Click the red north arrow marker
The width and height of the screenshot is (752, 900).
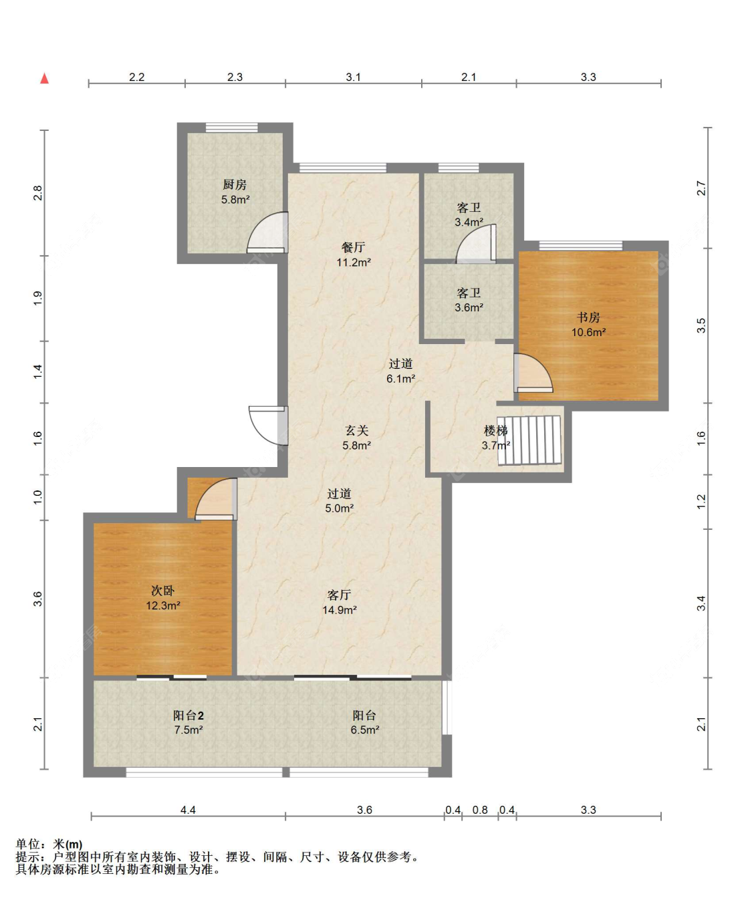[x=44, y=78]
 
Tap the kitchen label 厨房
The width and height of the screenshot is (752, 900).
[x=235, y=184]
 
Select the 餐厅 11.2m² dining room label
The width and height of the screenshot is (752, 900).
[x=354, y=255]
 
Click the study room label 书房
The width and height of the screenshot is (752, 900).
[x=589, y=317]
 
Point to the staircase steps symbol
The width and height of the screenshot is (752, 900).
[x=529, y=440]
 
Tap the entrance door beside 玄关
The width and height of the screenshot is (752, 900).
[x=268, y=425]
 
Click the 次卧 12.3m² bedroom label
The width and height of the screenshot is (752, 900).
[x=162, y=598]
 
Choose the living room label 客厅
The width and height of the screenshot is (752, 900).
[x=339, y=595]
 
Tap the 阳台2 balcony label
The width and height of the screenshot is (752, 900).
[x=189, y=716]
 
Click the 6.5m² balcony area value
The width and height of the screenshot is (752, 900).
[x=365, y=730]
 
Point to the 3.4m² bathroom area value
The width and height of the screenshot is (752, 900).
[x=469, y=222]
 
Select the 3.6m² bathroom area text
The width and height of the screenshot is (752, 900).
[x=469, y=307]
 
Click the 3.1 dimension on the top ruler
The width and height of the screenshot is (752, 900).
[x=353, y=77]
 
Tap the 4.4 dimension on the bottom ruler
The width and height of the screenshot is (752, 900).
[x=188, y=810]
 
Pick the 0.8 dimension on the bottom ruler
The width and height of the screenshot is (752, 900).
[x=480, y=810]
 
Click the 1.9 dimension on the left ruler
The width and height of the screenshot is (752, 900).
[x=38, y=299]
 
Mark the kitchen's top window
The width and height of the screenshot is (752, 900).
[x=231, y=127]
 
